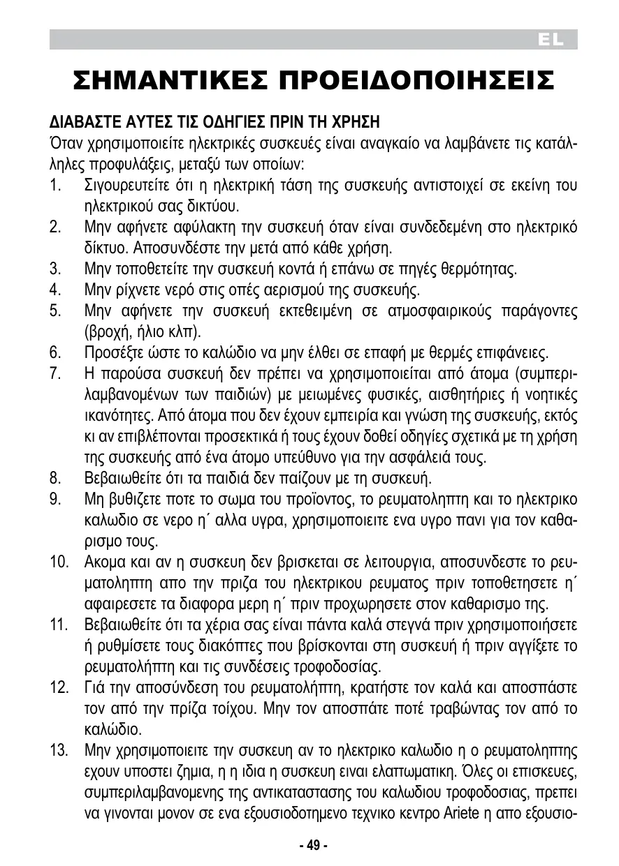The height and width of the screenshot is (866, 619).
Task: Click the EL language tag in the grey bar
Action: pos(551,40)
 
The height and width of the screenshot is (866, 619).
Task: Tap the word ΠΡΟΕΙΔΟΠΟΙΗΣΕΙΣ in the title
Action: pos(417,82)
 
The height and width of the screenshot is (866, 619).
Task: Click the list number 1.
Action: pos(55,186)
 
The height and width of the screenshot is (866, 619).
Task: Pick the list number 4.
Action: pos(56,289)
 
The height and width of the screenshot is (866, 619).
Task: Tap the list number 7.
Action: pos(56,372)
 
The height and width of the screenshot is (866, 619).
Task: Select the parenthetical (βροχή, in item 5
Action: pos(105,330)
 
